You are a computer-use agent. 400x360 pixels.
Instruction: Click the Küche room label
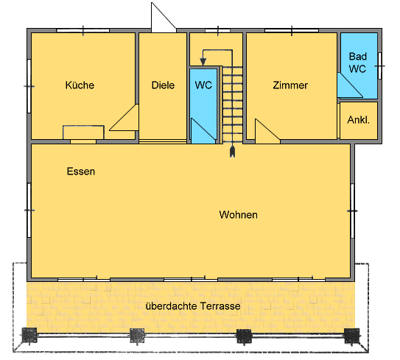[80, 85]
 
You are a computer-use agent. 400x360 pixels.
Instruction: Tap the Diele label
[163, 85]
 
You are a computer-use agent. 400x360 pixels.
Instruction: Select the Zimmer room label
[290, 85]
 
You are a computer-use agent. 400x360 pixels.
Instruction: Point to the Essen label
[81, 172]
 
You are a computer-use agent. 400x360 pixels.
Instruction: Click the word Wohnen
[238, 215]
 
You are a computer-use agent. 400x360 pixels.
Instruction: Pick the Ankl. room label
[359, 120]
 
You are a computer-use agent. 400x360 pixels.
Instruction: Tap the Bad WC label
[358, 63]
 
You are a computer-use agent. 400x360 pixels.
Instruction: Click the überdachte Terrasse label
[193, 306]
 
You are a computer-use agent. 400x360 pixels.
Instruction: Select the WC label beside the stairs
[203, 85]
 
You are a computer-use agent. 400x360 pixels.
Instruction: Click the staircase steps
[232, 104]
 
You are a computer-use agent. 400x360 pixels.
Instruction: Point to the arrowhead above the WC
[203, 61]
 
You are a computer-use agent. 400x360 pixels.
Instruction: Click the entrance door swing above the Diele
[164, 18]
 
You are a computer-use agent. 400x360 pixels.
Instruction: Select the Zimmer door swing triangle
[267, 131]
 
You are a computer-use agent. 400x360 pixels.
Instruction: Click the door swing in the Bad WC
[349, 85]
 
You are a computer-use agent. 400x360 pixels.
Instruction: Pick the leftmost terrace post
[29, 335]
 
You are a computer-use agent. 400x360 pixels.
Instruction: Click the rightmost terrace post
[352, 336]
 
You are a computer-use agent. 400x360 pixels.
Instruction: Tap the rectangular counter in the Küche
[83, 133]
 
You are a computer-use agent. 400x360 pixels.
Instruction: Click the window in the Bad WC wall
[379, 66]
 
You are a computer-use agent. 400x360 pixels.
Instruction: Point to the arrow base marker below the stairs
[232, 152]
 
